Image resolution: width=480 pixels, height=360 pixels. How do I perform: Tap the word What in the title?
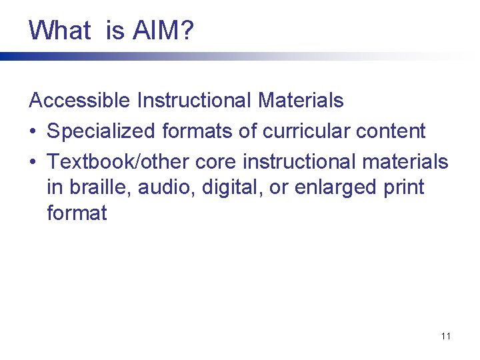59,30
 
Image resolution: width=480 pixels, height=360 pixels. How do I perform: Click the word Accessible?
80,101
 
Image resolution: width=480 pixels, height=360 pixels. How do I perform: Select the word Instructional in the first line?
195,101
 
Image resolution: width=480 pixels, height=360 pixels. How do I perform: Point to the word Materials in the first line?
301,101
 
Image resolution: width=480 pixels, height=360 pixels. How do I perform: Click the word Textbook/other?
117,162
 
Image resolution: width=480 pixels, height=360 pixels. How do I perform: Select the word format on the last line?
77,213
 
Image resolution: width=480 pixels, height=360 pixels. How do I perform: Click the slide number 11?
445,336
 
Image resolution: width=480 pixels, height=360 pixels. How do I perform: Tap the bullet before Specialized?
33,132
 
